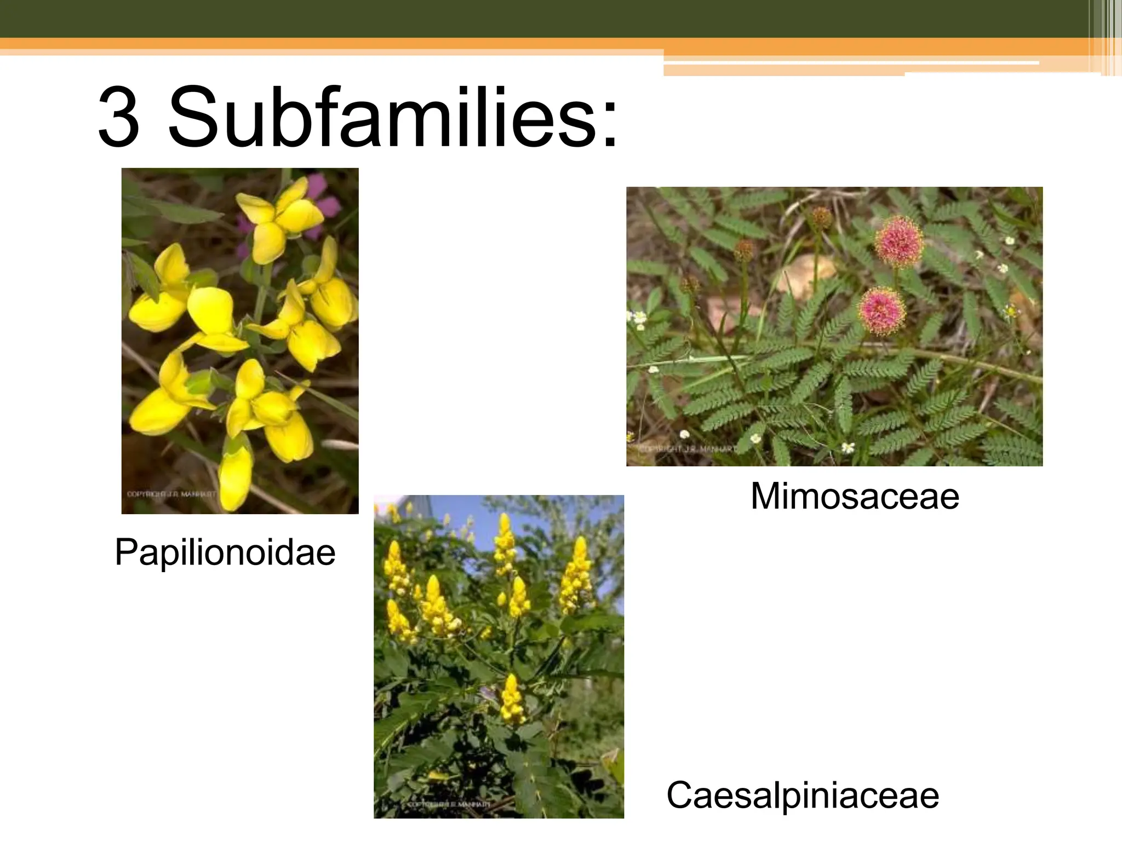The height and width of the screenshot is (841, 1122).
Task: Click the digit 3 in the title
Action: tap(119, 117)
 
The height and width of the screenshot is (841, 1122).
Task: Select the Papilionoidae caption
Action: tap(225, 552)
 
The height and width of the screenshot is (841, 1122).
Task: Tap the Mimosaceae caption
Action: tap(854, 496)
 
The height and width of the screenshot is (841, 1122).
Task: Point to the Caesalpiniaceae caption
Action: tap(802, 795)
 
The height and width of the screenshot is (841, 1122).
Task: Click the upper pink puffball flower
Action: tap(899, 241)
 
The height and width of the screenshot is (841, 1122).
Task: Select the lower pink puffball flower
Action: tap(881, 311)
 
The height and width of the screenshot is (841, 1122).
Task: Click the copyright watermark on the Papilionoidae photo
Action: tap(171, 494)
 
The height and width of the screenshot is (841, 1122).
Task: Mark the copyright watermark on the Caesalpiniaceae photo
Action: tap(449, 804)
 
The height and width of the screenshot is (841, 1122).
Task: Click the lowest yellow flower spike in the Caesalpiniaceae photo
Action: tap(512, 699)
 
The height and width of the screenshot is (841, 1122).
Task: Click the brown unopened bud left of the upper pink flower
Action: tap(820, 218)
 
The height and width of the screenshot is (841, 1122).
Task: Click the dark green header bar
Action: tap(548, 18)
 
